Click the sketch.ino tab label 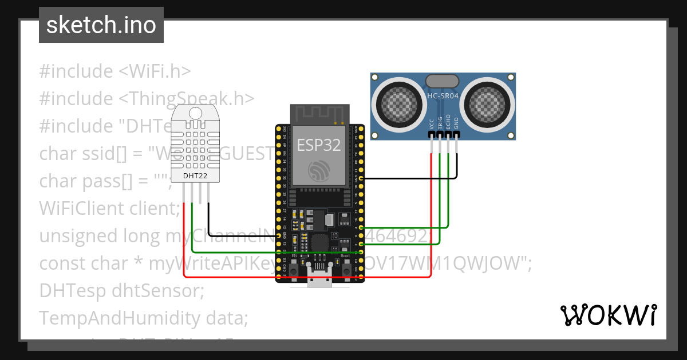pos(101,25)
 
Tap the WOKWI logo pos(608,315)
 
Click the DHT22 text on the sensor pos(195,175)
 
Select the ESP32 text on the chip pos(319,145)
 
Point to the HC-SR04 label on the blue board pos(443,96)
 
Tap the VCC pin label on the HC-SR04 pos(431,123)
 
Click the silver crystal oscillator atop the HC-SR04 pos(443,81)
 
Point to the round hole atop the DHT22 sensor pos(195,113)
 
